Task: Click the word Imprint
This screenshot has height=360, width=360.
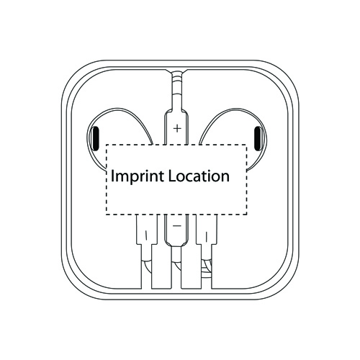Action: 138,176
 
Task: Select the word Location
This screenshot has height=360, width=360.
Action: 199,176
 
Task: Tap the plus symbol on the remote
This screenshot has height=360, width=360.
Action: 177,129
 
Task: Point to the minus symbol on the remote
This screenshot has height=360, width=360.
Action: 177,226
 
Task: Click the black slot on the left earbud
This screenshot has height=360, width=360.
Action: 96,138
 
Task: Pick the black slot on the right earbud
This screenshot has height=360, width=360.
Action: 258,138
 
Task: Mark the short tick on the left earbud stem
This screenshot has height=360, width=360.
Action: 145,235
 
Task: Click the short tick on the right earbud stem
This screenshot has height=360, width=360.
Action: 206,236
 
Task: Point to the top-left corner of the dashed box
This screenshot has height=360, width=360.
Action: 106,145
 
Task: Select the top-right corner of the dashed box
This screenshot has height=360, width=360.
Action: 247,145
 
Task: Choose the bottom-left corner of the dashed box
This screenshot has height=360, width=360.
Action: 106,214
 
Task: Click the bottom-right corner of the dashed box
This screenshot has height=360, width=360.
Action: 247,214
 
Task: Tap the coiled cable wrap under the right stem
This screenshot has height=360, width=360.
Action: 206,269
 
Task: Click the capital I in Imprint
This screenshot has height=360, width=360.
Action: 112,176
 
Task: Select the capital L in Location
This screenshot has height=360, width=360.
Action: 171,176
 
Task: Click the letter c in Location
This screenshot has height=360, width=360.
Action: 189,178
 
